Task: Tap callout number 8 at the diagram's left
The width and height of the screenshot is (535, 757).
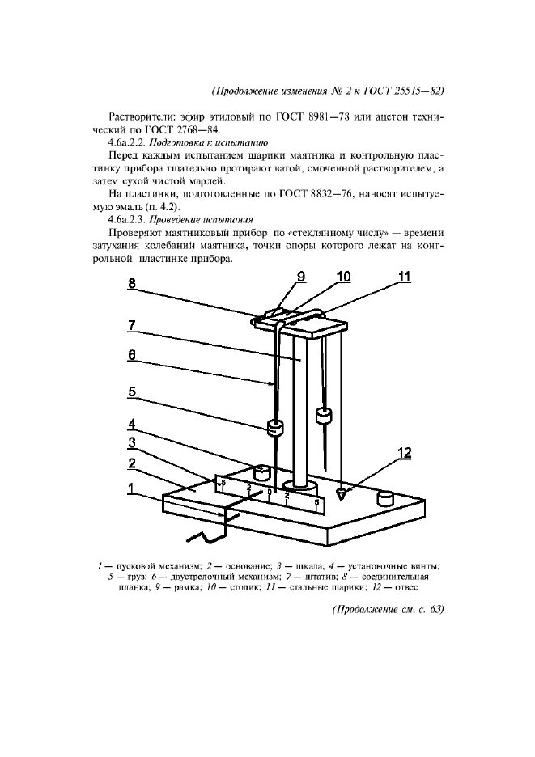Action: tap(133, 284)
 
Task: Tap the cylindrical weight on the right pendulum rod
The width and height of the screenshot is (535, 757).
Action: tap(325, 416)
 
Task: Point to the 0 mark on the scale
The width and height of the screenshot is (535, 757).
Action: tap(269, 491)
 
